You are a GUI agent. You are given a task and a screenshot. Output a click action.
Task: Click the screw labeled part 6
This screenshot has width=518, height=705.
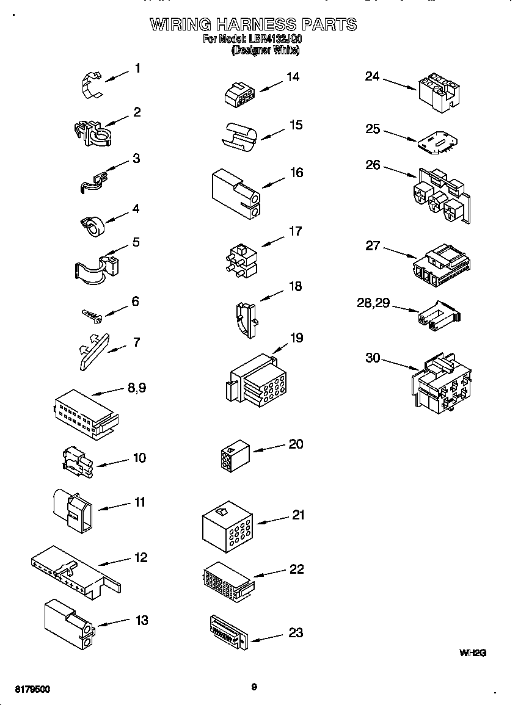[92, 314]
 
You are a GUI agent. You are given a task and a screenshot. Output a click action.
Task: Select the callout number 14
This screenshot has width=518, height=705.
[293, 77]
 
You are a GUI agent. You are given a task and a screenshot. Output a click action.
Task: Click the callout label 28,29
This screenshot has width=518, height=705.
[373, 303]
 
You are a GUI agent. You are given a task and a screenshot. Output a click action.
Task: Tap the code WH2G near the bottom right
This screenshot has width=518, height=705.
[472, 653]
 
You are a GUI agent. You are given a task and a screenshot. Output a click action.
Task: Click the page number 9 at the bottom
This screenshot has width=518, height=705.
[254, 687]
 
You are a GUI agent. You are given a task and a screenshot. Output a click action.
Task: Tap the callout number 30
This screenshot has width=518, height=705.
[373, 358]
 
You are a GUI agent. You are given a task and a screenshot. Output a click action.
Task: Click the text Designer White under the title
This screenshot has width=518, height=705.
[265, 51]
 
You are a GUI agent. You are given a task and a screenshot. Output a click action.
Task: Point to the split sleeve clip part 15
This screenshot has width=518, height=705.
[238, 134]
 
